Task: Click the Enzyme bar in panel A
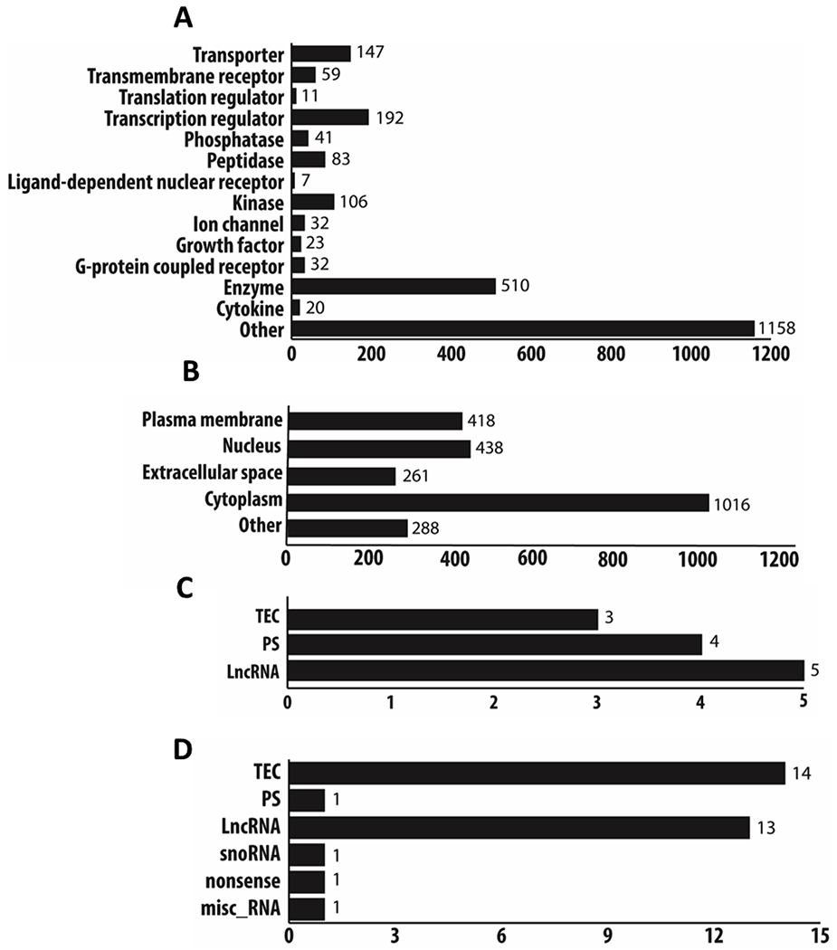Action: [x=393, y=285]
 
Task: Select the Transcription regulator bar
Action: [x=330, y=118]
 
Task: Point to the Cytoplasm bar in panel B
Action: [x=497, y=502]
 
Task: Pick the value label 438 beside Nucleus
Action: [x=490, y=448]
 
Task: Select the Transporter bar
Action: [x=320, y=53]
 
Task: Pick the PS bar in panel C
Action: [x=495, y=644]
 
